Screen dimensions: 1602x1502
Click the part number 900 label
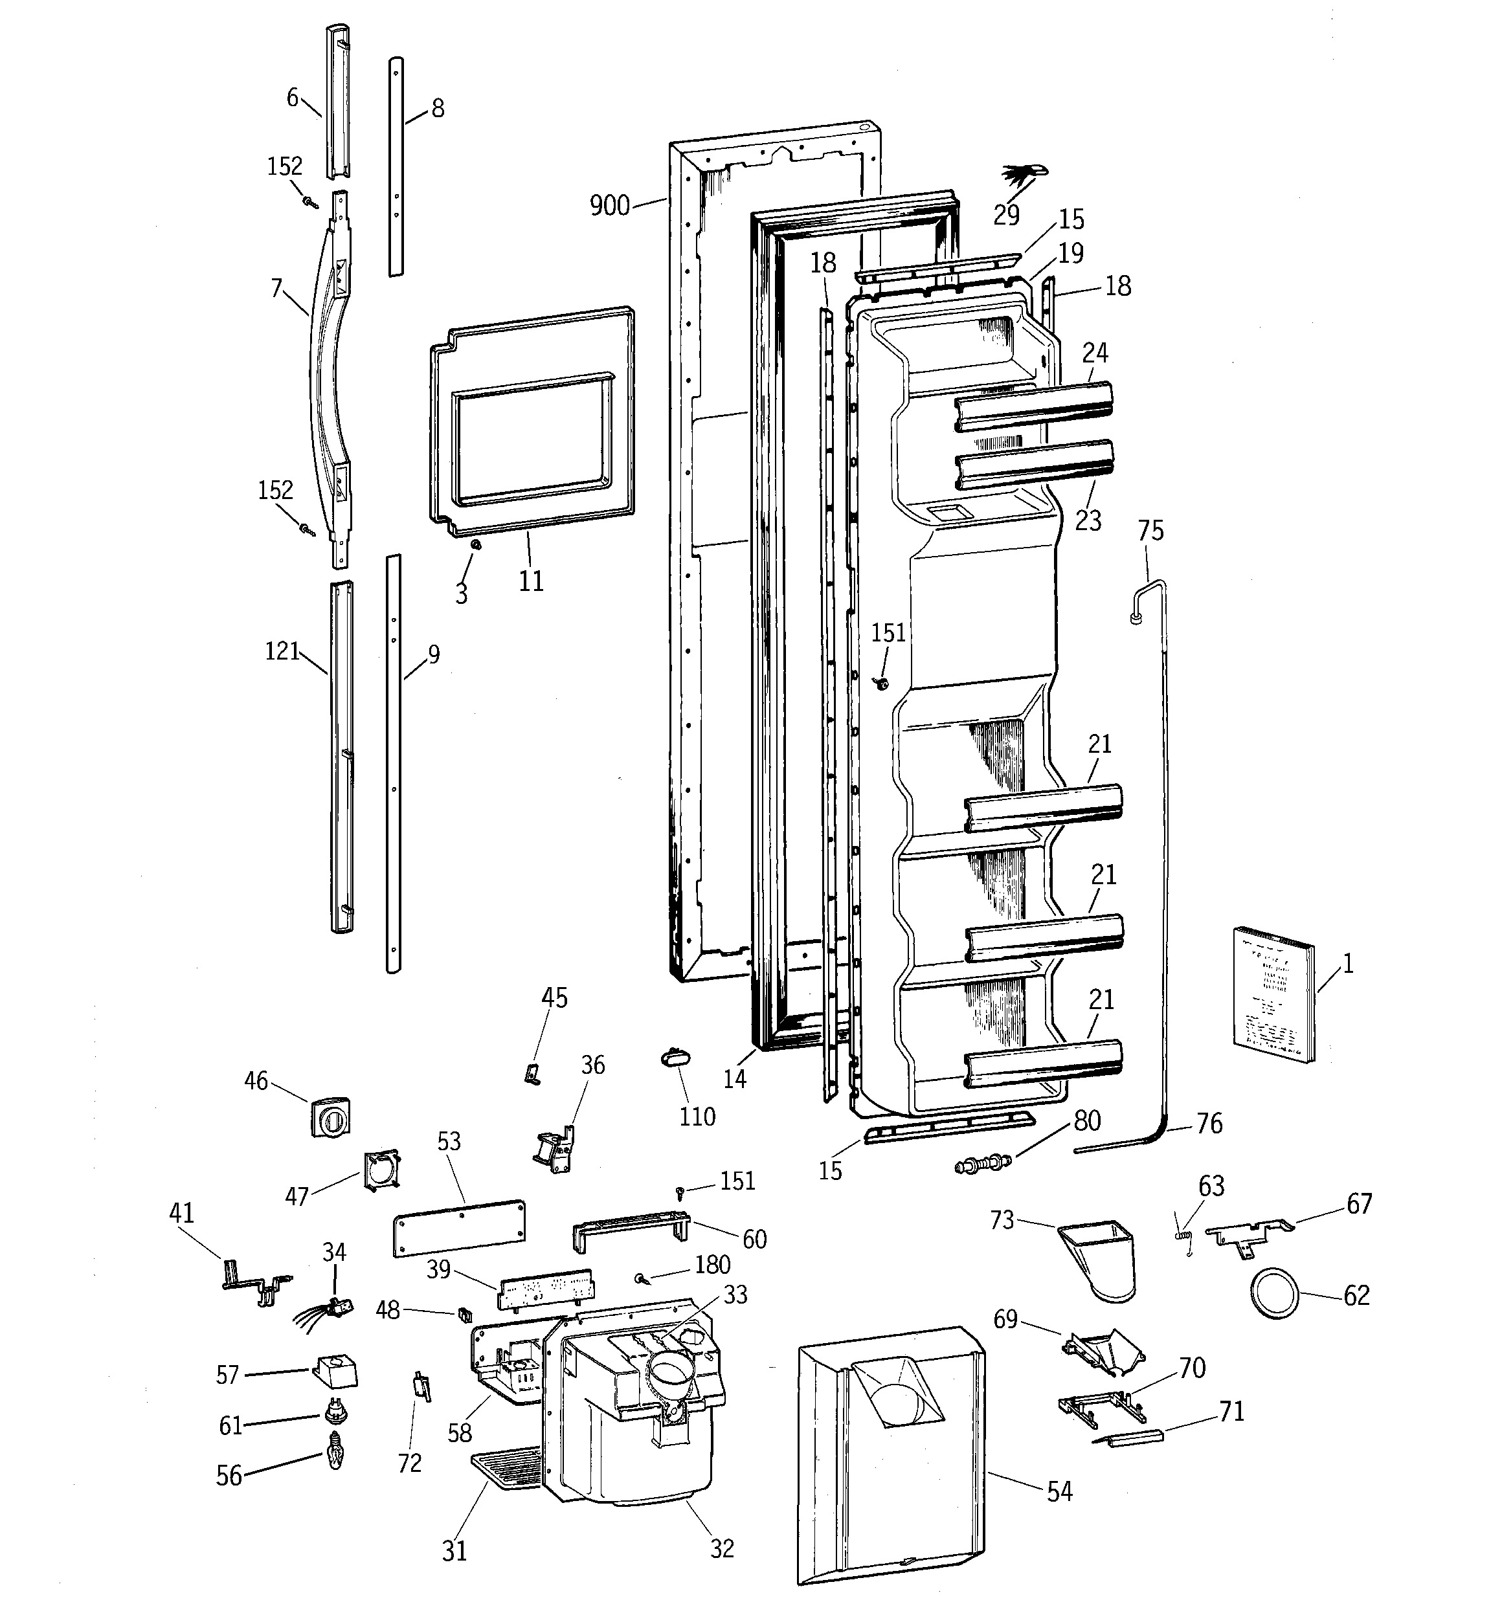tap(609, 206)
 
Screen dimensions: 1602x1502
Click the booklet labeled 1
tap(1272, 992)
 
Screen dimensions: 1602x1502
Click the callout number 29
tap(1006, 215)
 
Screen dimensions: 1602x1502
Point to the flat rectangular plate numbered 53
tap(460, 1227)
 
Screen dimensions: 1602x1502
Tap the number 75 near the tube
tap(1150, 531)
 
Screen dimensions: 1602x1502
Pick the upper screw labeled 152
tap(309, 201)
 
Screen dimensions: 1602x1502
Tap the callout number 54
tap(1059, 1491)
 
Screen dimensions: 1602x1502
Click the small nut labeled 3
tap(476, 546)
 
